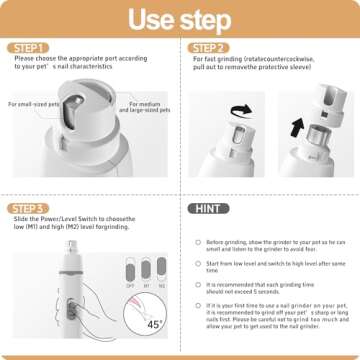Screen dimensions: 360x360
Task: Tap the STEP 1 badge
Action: point(29,47)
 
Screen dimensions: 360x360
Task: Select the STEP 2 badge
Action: point(209,47)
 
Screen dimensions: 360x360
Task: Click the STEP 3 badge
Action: point(29,207)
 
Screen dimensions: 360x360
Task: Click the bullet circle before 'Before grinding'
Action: point(196,242)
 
